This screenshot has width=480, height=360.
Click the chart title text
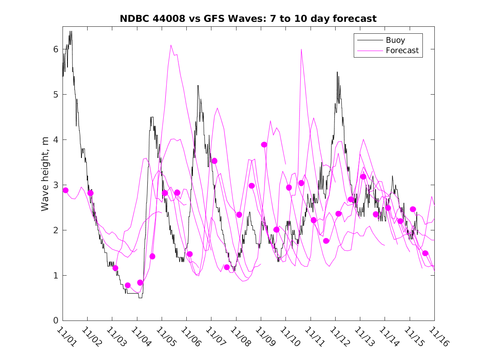coord(248,19)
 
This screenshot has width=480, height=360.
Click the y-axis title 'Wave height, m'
coord(45,174)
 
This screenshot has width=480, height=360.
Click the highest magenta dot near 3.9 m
coord(264,144)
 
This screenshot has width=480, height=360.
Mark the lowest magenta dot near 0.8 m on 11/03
coord(128,285)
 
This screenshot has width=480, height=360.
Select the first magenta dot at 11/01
coord(65,190)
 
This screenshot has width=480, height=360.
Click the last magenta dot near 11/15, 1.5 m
coord(425,253)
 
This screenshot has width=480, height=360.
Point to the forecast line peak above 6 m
coord(171,45)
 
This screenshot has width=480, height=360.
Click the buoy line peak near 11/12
coord(338,72)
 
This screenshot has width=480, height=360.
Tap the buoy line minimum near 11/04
coord(140,297)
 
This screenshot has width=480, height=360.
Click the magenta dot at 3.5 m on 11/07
coord(214,161)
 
